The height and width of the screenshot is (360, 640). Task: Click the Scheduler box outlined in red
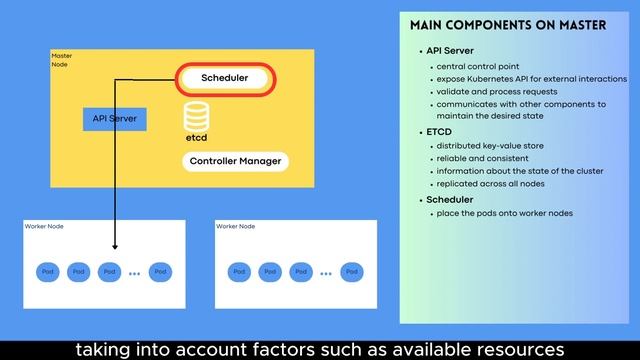225,78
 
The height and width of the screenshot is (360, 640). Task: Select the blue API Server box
114,118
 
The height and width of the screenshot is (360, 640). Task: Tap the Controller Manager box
235,161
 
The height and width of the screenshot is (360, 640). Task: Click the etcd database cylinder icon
195,114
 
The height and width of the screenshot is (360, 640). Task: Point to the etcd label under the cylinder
196,137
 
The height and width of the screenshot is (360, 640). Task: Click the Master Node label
61,60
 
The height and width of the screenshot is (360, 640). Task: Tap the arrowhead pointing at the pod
116,246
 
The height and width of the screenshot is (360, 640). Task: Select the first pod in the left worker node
47,271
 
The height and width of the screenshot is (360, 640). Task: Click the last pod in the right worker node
351,271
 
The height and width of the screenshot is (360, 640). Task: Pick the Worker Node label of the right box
235,227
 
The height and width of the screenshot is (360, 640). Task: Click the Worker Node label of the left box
43,227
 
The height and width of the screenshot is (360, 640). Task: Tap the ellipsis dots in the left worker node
134,272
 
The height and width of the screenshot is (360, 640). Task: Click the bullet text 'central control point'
477,67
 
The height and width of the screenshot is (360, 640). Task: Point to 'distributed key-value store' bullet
490,146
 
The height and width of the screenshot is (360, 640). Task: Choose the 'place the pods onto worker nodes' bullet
505,213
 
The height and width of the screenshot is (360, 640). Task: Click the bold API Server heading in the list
450,51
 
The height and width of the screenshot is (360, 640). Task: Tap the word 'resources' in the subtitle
514,349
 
